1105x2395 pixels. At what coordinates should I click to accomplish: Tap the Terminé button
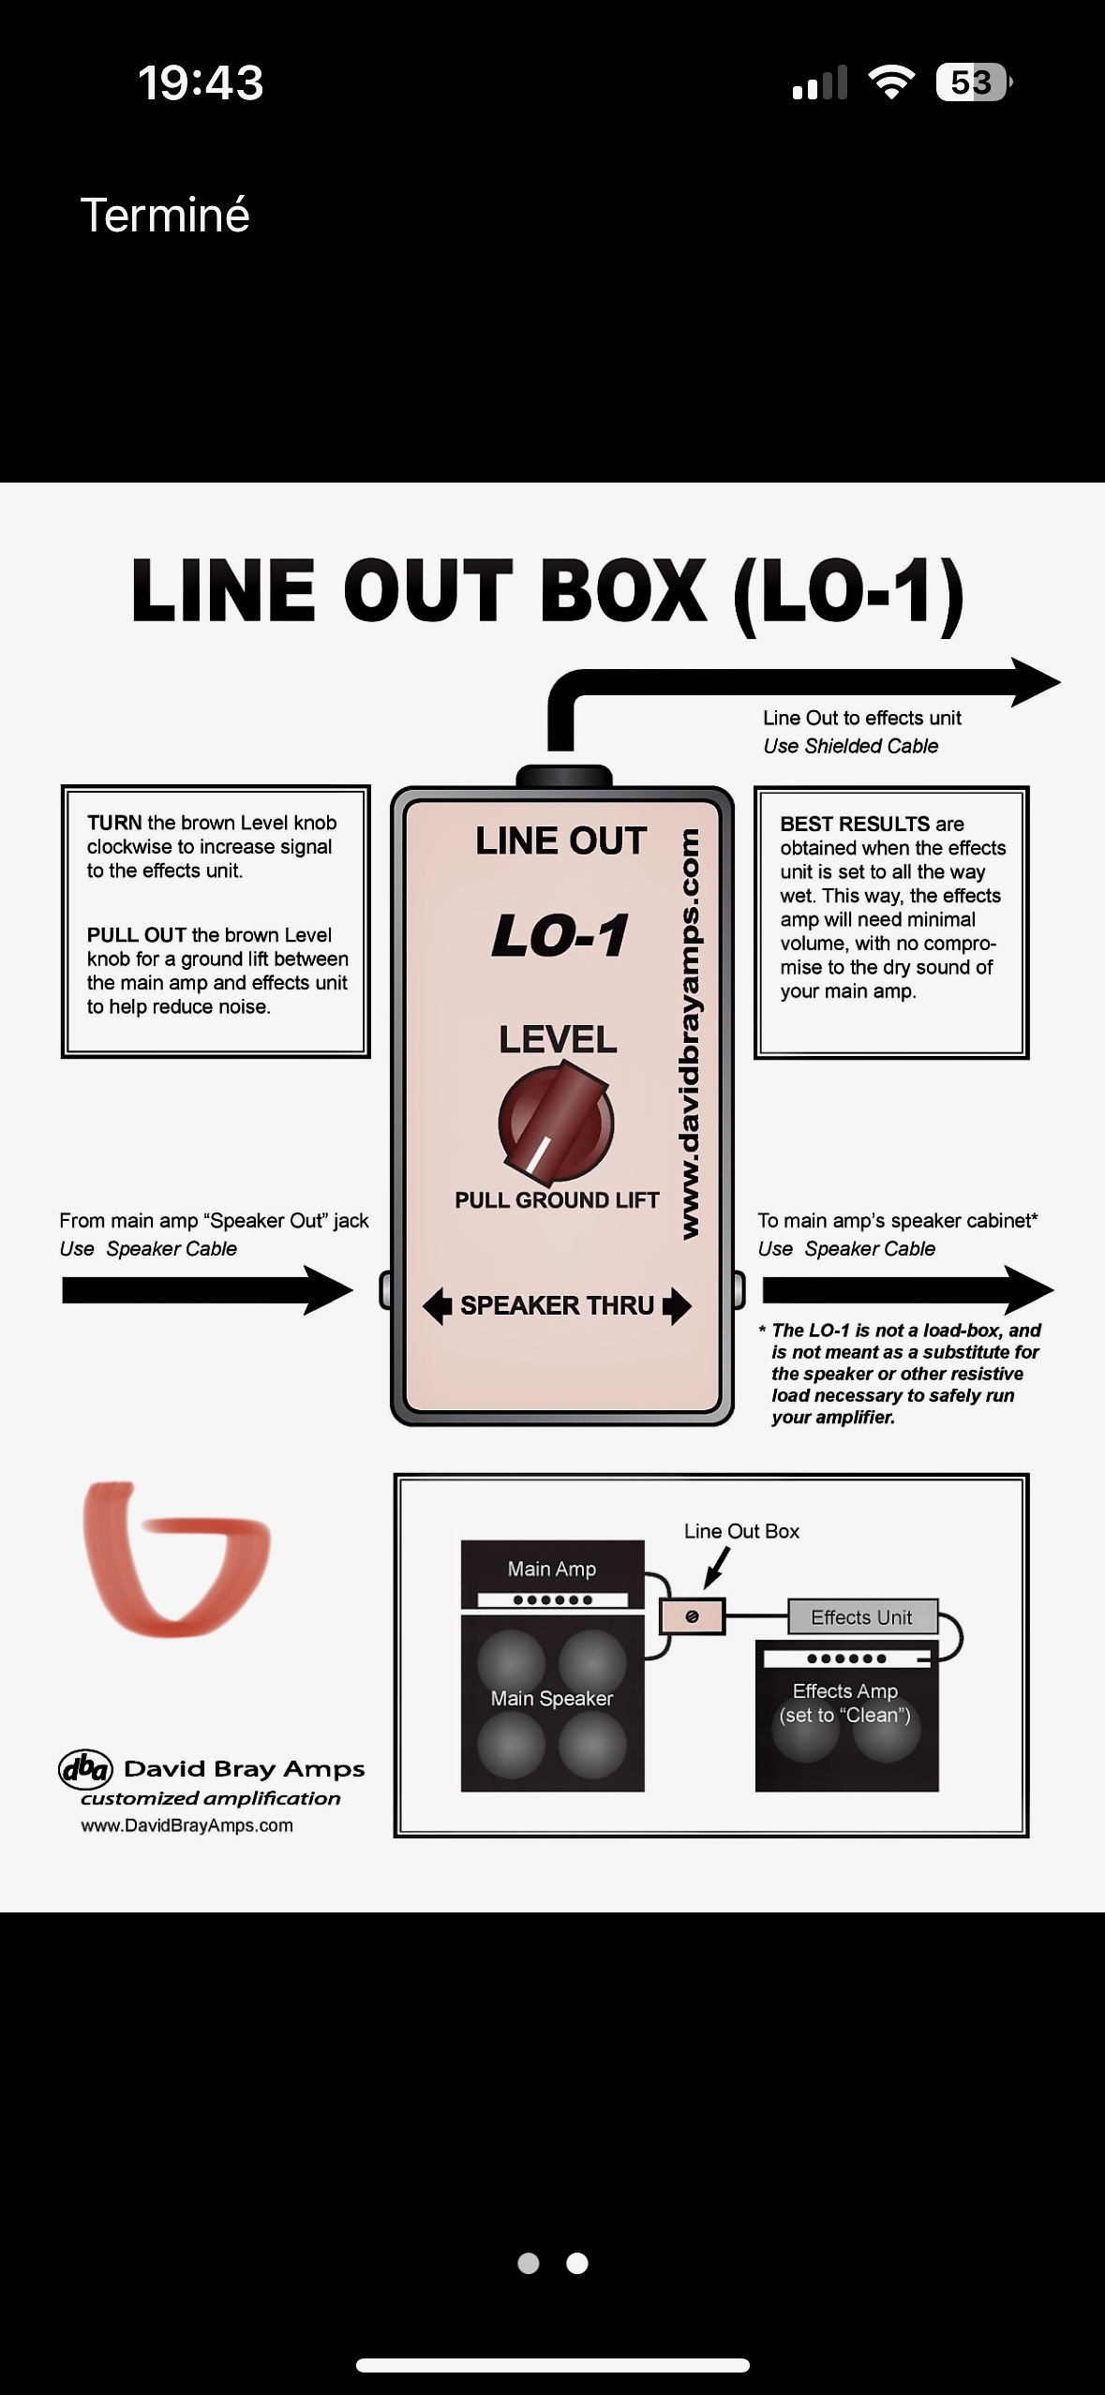tap(165, 216)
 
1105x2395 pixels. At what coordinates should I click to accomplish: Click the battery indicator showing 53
tap(972, 82)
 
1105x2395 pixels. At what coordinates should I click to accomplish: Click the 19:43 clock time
tap(201, 82)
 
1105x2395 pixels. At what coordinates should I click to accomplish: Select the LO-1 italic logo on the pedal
tap(560, 935)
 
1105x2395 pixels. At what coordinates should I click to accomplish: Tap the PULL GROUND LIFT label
tap(557, 1200)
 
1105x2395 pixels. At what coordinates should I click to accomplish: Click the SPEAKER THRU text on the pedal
tap(557, 1305)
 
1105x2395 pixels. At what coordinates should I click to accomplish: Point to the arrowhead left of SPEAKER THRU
tap(437, 1305)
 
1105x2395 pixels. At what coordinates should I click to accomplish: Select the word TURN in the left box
tap(113, 823)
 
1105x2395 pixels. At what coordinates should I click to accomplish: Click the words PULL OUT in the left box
tap(136, 935)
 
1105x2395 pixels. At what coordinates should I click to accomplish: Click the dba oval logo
tap(85, 1769)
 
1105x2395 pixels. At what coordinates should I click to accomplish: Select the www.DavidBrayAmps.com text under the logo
tap(187, 1825)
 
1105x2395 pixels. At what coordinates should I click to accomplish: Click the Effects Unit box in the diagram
tap(861, 1617)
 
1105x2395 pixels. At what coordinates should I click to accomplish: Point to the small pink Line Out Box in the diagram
tap(693, 1616)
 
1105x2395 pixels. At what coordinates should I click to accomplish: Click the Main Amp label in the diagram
tap(551, 1569)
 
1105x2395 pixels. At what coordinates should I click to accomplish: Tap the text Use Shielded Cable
tap(850, 746)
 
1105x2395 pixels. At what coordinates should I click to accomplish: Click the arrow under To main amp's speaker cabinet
tap(906, 1290)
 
